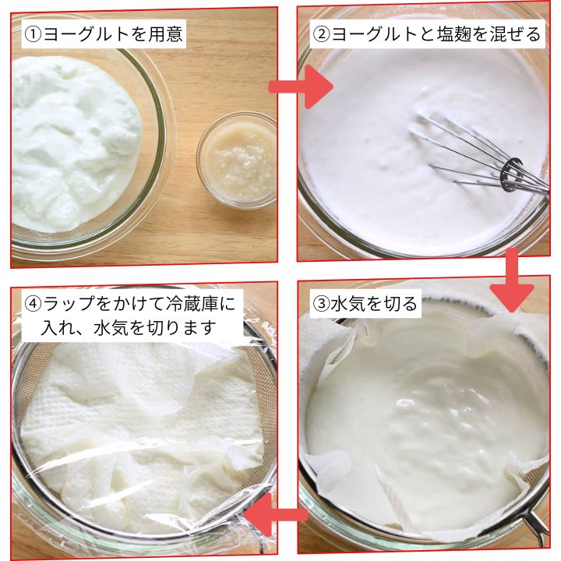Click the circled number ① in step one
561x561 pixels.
click(x=34, y=34)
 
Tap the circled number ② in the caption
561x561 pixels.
click(x=321, y=34)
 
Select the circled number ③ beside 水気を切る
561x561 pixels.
click(x=321, y=304)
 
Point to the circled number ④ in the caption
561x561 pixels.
click(x=34, y=304)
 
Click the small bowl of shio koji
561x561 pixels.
click(x=237, y=160)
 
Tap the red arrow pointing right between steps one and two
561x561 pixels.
click(x=301, y=86)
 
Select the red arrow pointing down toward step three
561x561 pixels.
click(x=512, y=280)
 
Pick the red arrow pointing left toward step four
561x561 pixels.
click(x=276, y=515)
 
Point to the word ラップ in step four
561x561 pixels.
click(x=69, y=304)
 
